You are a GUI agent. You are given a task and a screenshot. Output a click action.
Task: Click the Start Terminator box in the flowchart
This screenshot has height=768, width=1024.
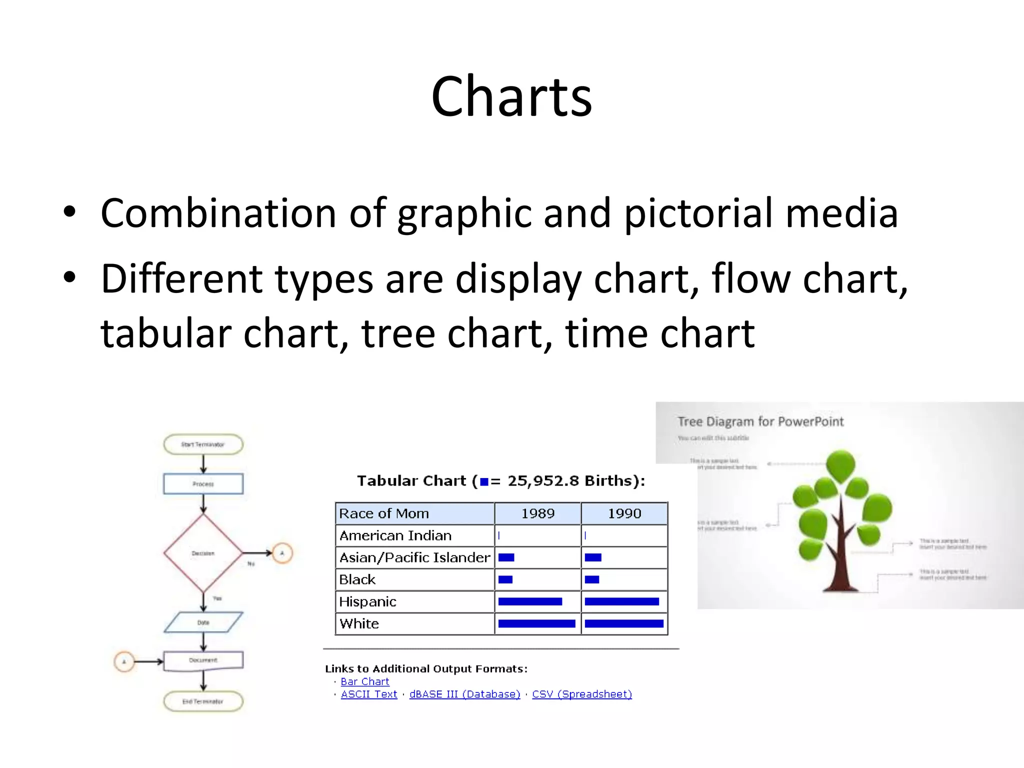[203, 444]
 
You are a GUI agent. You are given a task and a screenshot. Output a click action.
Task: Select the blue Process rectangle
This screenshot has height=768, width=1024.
[203, 483]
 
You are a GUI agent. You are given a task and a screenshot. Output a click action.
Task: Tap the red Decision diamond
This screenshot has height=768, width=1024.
[203, 553]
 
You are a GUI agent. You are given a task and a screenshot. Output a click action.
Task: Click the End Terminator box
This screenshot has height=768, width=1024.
[203, 701]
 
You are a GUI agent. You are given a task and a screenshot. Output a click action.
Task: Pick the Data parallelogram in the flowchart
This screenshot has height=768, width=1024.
[203, 622]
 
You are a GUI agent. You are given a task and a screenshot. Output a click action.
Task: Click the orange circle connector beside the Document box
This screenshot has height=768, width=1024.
[124, 661]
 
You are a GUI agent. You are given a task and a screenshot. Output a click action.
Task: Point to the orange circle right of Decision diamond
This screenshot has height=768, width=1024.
[282, 553]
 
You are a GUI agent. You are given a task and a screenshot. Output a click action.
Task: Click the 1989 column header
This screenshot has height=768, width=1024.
[537, 513]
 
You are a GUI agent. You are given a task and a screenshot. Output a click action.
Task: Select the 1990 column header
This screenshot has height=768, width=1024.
[624, 513]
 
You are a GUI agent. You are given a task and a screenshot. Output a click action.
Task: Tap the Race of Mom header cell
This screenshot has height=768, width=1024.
[384, 513]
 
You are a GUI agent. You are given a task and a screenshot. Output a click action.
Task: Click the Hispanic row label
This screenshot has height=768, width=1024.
[368, 601]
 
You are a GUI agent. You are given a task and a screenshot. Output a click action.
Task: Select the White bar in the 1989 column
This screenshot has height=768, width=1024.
[536, 623]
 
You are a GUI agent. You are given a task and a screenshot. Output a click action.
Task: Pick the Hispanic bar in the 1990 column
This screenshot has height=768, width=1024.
[621, 601]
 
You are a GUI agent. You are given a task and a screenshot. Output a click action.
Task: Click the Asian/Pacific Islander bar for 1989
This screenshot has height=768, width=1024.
[506, 557]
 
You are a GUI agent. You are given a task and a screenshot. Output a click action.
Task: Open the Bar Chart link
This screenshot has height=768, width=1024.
[364, 681]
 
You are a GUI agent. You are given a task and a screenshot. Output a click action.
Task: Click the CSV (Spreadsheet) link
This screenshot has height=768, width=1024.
[581, 694]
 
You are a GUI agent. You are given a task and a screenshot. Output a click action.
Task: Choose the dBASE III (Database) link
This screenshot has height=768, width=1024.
[464, 694]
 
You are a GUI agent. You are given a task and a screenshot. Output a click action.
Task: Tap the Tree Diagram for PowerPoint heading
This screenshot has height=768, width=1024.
[760, 421]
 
